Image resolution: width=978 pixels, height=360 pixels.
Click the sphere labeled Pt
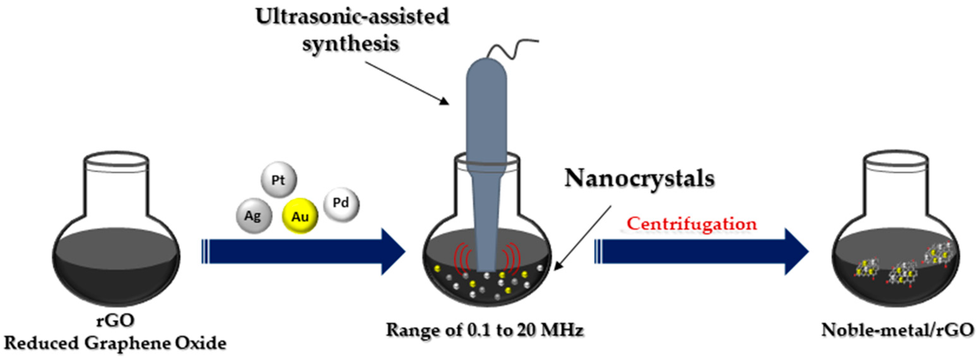pyautogui.click(x=279, y=180)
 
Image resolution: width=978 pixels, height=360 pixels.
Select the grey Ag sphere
pyautogui.click(x=254, y=216)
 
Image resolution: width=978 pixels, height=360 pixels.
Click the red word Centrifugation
pyautogui.click(x=691, y=224)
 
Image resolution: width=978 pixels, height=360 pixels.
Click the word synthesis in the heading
pyautogui.click(x=351, y=43)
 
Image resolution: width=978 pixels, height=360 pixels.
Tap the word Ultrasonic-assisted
pyautogui.click(x=352, y=17)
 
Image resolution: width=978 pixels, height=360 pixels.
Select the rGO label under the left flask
pyautogui.click(x=115, y=320)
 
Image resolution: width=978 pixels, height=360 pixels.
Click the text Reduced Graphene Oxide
pyautogui.click(x=115, y=343)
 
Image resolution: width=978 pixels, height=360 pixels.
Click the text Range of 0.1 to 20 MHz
pyautogui.click(x=485, y=330)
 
